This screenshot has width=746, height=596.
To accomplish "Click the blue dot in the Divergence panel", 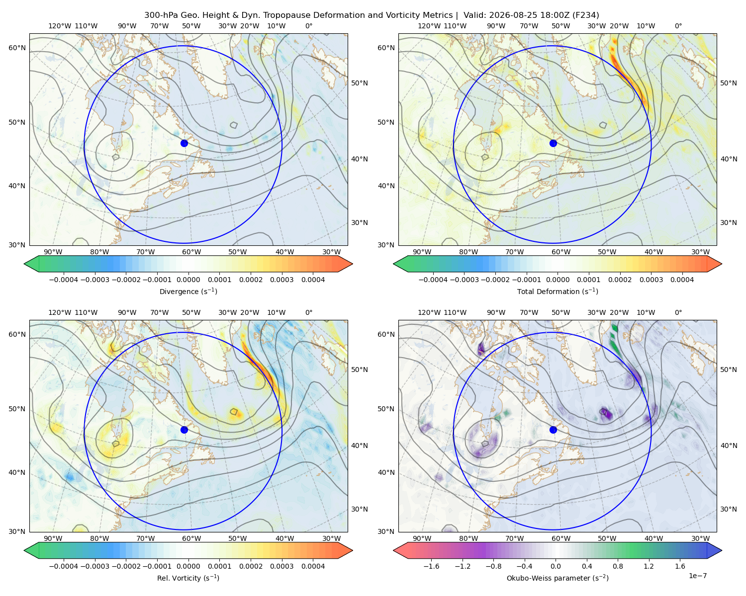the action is [x=184, y=143].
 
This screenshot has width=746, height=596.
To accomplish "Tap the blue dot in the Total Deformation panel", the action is [x=553, y=143].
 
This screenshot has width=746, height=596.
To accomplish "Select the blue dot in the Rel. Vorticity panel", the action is [x=184, y=430].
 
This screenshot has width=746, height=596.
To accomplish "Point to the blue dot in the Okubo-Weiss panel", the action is [x=553, y=430].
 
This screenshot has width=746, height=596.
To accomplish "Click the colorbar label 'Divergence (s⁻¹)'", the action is [x=188, y=291].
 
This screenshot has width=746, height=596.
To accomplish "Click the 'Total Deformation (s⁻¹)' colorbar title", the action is [x=558, y=291].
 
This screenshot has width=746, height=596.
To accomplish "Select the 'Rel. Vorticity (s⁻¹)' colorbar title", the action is [x=188, y=578].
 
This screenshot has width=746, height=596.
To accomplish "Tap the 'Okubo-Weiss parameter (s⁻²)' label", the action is [x=558, y=578].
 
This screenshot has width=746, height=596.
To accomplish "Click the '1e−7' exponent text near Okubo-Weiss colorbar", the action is [x=697, y=576].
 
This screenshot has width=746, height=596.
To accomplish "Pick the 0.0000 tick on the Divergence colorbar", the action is [x=188, y=280].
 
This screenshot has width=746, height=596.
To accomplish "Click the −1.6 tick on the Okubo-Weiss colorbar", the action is [x=431, y=566].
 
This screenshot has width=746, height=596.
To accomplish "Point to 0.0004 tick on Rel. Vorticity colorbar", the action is [x=313, y=566].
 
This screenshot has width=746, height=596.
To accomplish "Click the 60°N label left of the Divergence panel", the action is [x=17, y=48].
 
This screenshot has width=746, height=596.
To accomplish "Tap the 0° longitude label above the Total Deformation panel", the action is [x=678, y=26].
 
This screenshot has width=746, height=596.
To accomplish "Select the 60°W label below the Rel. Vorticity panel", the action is [x=191, y=538].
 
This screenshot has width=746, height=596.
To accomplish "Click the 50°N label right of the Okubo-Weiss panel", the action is [x=729, y=370].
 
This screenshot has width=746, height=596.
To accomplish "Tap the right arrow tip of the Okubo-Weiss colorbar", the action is [x=722, y=550].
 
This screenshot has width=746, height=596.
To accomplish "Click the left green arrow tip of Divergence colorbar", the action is [x=24, y=264].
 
